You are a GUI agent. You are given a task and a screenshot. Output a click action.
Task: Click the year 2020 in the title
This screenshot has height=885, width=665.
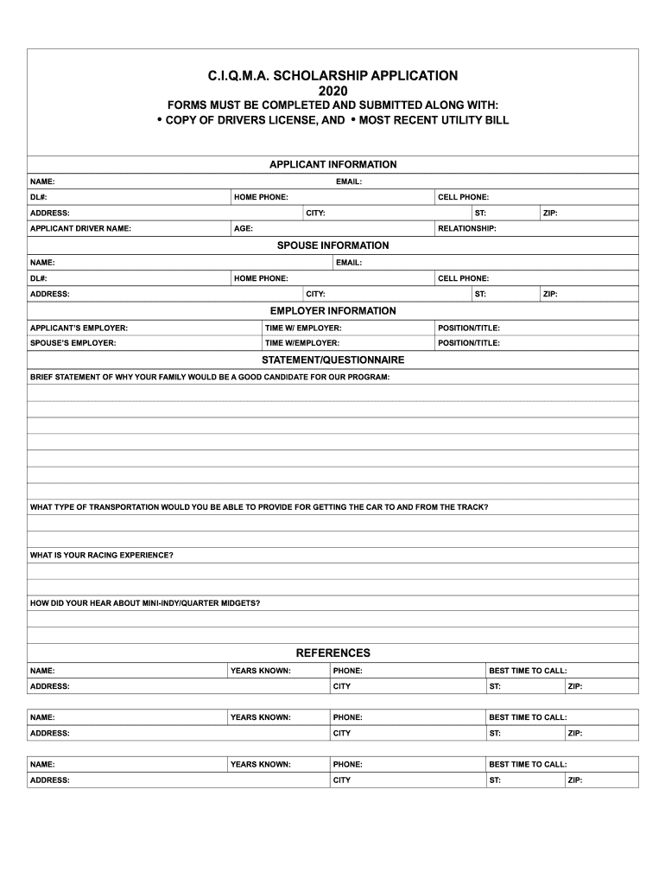[x=332, y=91]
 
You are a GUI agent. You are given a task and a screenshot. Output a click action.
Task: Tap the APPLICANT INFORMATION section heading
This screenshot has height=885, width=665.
[x=332, y=164]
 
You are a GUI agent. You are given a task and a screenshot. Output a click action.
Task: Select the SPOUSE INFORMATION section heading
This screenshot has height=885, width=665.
[x=332, y=245]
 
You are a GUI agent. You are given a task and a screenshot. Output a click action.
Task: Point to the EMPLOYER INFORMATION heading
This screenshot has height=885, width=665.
[x=332, y=310]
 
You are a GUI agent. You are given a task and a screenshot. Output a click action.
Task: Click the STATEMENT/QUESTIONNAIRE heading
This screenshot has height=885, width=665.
[x=332, y=360]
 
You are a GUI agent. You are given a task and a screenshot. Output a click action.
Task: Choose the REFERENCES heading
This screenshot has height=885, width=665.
[x=332, y=653]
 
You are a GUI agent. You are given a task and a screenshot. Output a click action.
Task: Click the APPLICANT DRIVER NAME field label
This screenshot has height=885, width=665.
[x=80, y=229]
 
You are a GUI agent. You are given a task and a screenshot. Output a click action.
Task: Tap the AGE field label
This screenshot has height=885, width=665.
[x=244, y=229]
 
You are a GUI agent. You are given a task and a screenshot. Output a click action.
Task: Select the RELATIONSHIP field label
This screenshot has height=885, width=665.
[x=467, y=229]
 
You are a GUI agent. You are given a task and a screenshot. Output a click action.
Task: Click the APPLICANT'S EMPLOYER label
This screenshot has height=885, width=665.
[x=79, y=328]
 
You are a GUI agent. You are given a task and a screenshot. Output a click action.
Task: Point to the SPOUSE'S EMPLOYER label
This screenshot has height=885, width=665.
[x=73, y=343]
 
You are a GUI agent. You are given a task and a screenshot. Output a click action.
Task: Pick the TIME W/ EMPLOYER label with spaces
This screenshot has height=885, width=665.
[x=303, y=328]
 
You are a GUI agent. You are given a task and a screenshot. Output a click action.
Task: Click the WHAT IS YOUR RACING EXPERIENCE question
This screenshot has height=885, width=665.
[x=102, y=555]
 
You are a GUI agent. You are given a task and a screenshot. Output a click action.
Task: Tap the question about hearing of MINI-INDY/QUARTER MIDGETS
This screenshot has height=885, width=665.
[x=145, y=602]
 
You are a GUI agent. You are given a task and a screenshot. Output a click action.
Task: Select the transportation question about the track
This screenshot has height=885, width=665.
[x=259, y=507]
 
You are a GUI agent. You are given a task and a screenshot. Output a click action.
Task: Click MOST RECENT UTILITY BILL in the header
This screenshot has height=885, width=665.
[x=434, y=120]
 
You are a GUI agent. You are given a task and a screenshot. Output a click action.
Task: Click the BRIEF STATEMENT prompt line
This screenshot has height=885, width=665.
[x=210, y=378]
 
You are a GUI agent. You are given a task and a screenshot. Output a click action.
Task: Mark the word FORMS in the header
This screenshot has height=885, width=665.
[x=175, y=105]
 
